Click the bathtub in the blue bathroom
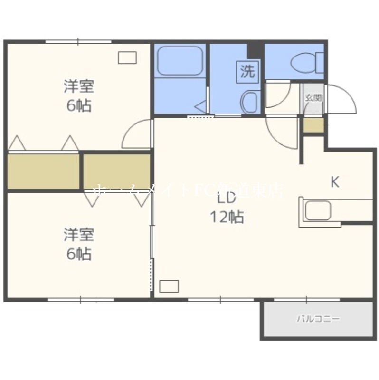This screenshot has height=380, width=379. (179, 60)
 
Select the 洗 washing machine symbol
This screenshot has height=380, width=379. (247, 72)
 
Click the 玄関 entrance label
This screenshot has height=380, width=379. (313, 98)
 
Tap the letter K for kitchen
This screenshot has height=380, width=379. (335, 182)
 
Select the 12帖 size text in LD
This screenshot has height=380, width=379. (227, 217)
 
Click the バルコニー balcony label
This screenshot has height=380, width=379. (318, 319)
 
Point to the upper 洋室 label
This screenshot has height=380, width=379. (79, 86)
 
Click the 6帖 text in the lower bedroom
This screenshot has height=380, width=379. (79, 254)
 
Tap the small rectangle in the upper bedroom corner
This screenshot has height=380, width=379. (127, 57)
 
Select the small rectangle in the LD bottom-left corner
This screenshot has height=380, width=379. (169, 286)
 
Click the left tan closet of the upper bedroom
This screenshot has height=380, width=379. (43, 171)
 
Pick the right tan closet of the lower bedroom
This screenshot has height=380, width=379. (117, 171)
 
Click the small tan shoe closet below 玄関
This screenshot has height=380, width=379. (313, 125)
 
